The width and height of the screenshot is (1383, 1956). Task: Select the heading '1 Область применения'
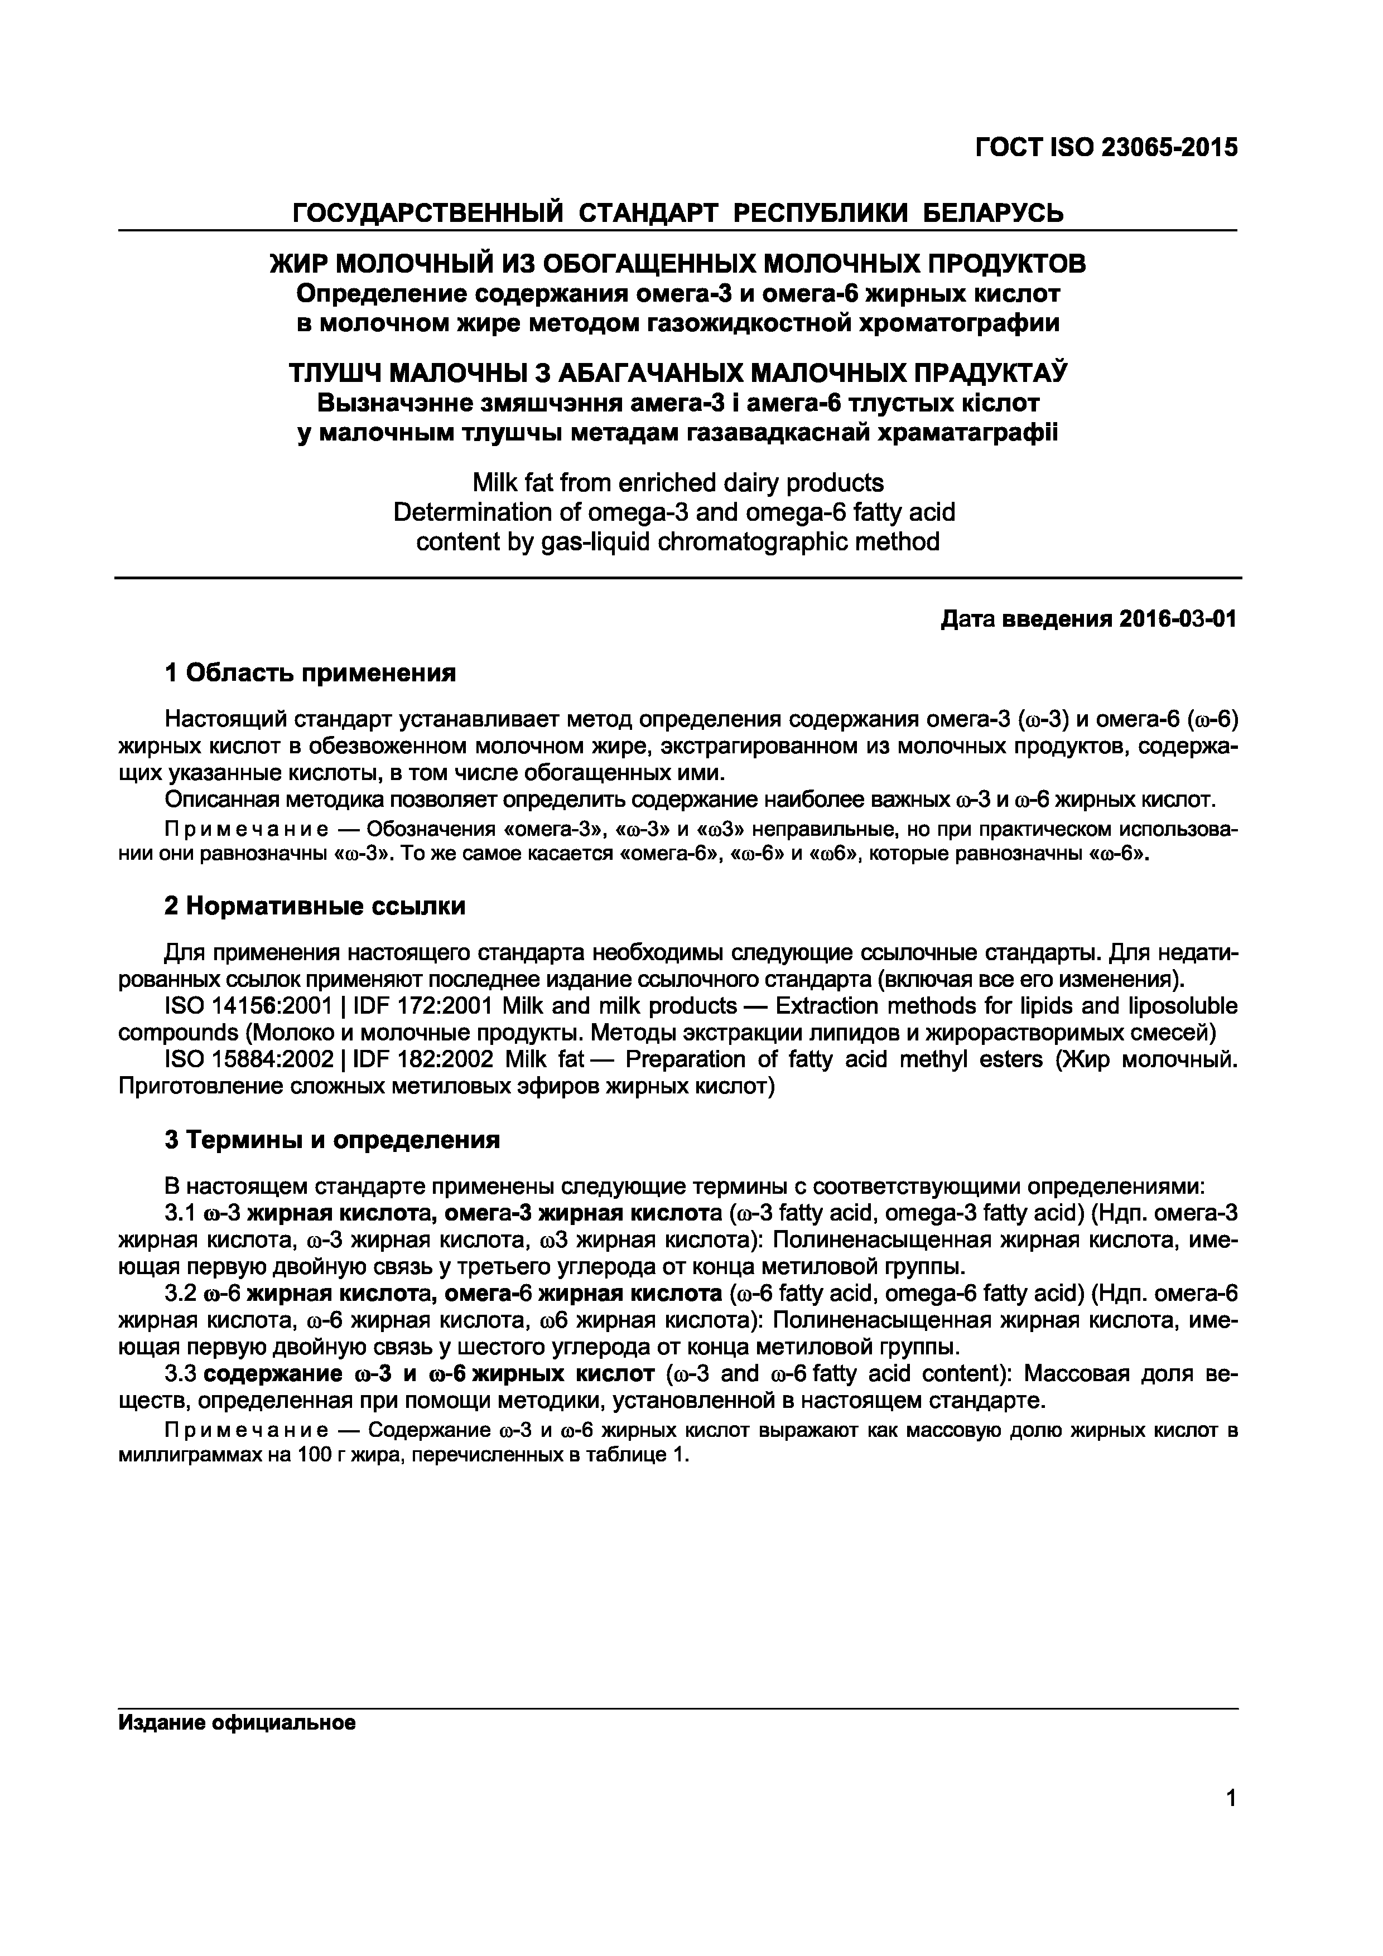310,673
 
